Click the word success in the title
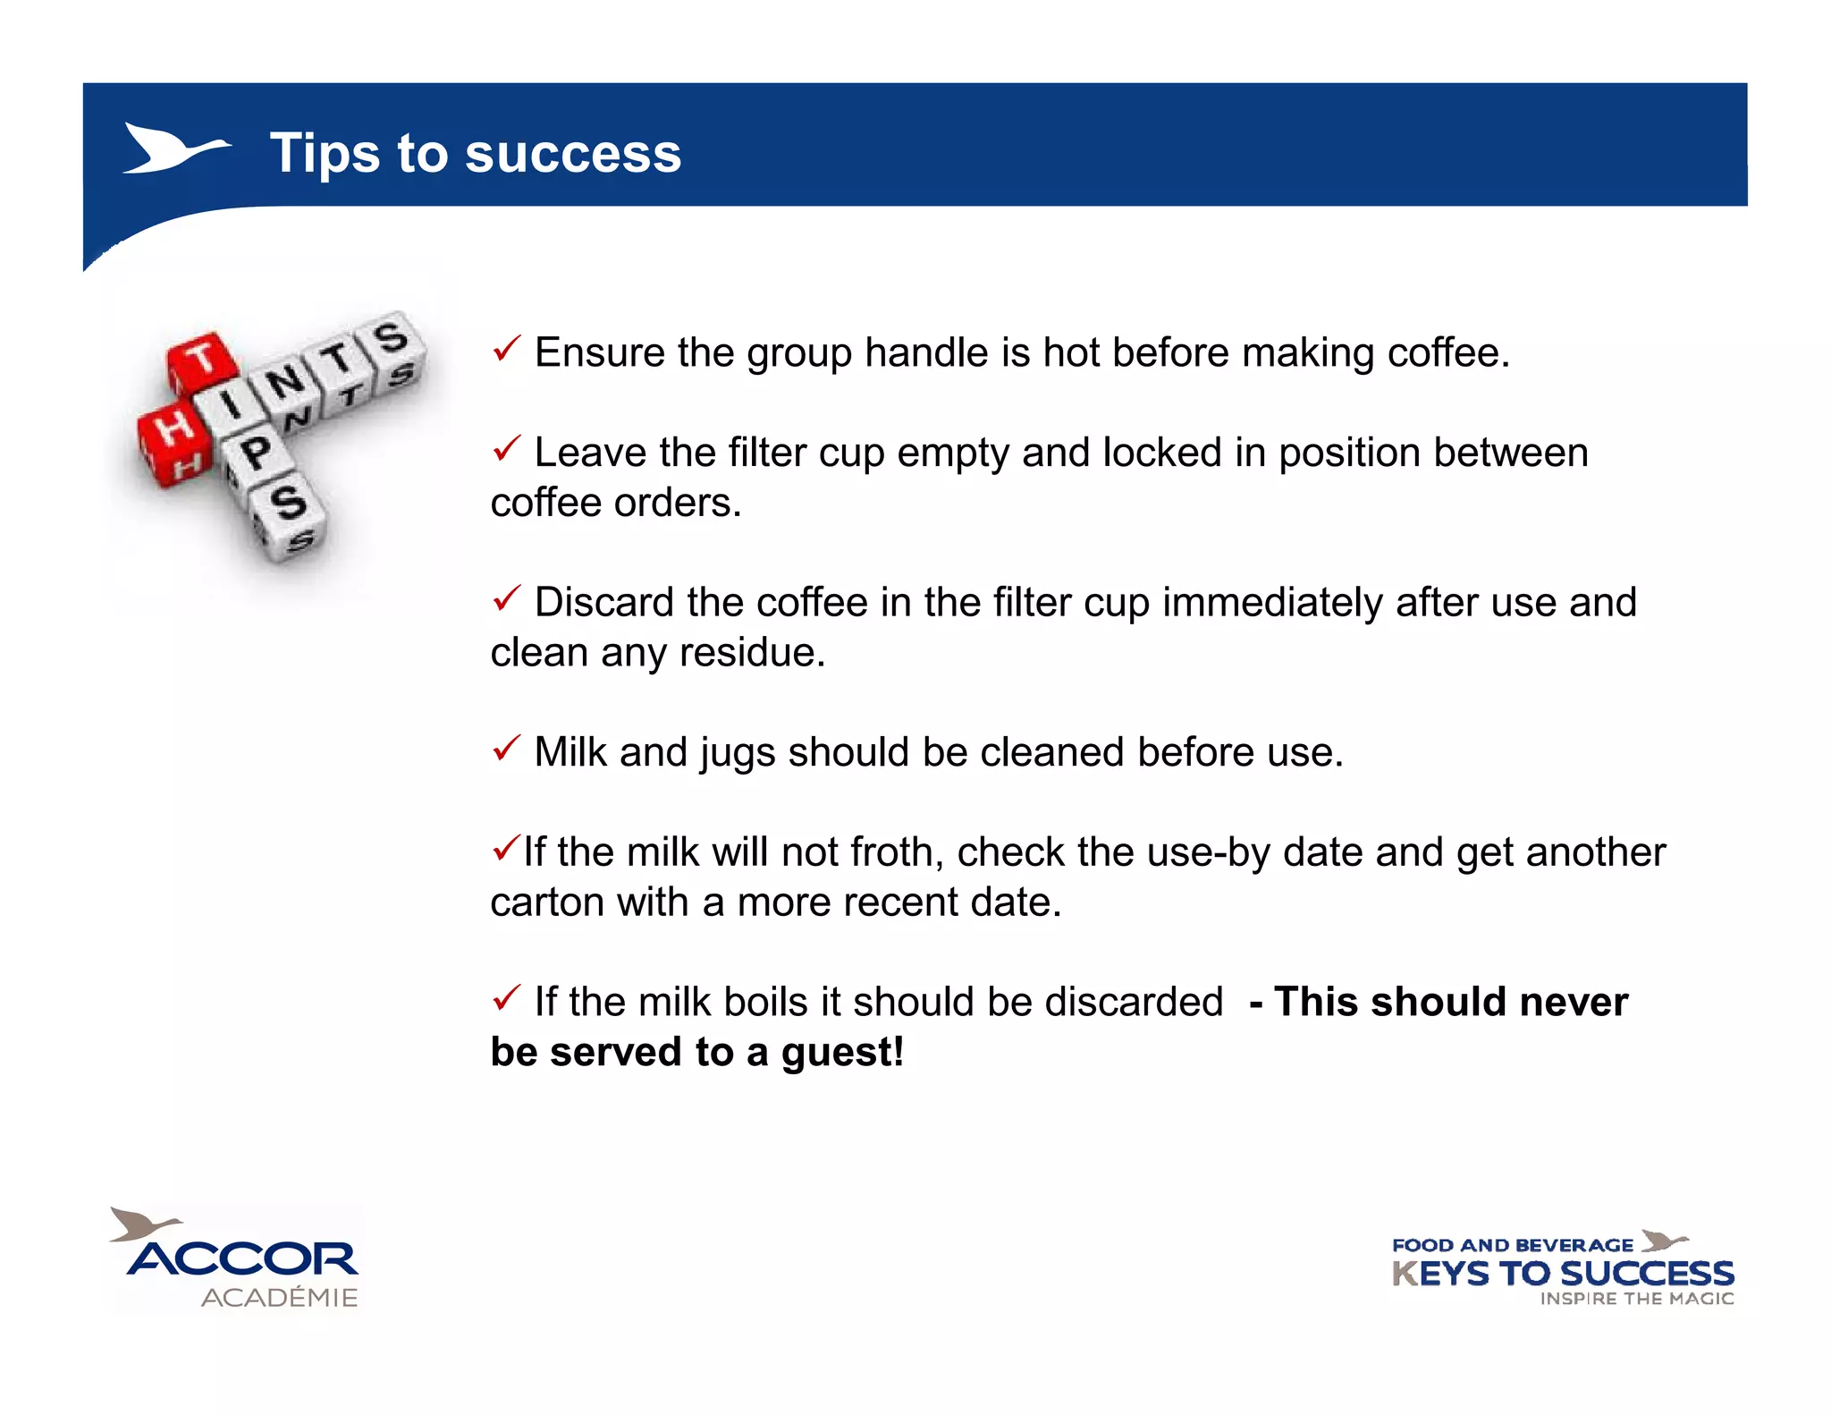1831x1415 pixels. click(x=573, y=154)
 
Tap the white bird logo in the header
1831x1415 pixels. click(x=174, y=148)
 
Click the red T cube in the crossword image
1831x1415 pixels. click(x=204, y=362)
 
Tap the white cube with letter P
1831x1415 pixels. click(x=256, y=454)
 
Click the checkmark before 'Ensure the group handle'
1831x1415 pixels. click(x=506, y=349)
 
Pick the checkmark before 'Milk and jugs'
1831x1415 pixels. click(x=506, y=748)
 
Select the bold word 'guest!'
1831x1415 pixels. click(x=842, y=1053)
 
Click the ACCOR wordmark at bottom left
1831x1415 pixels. click(x=243, y=1259)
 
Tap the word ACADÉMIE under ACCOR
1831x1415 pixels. click(x=279, y=1298)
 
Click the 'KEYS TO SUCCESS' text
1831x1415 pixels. click(x=1563, y=1274)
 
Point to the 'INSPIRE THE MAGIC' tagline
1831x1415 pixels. click(x=1636, y=1299)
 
